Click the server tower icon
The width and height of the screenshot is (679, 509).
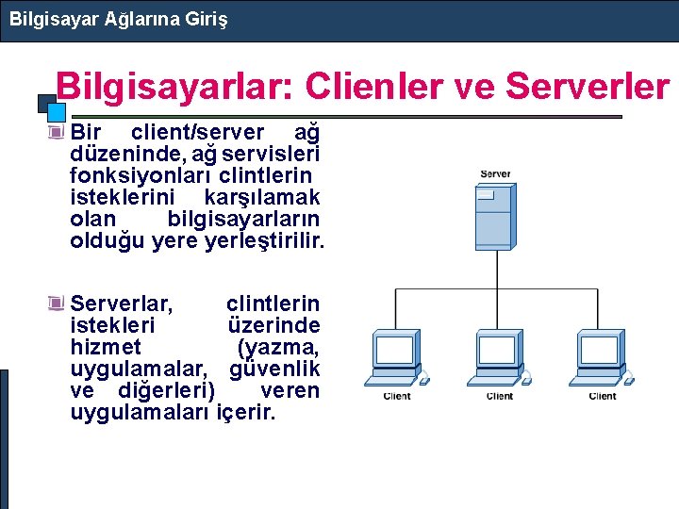pyautogui.click(x=495, y=218)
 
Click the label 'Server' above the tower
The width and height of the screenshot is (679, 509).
pyautogui.click(x=495, y=174)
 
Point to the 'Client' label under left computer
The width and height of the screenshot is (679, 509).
pyautogui.click(x=397, y=397)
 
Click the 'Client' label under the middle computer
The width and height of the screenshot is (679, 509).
pyautogui.click(x=500, y=397)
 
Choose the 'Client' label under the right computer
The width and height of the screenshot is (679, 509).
pyautogui.click(x=603, y=397)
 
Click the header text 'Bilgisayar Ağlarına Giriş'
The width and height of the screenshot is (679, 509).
pyautogui.click(x=118, y=18)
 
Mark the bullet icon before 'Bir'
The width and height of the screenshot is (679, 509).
pyautogui.click(x=58, y=131)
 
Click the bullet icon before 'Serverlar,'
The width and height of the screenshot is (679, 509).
pyautogui.click(x=58, y=304)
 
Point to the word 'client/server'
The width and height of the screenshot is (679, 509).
pyautogui.click(x=197, y=131)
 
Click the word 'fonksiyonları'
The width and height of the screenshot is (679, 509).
pyautogui.click(x=141, y=175)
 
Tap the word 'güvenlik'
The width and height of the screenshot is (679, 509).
pyautogui.click(x=274, y=369)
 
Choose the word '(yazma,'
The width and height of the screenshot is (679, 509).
pyautogui.click(x=279, y=347)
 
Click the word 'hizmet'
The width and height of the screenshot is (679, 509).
pyautogui.click(x=106, y=347)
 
